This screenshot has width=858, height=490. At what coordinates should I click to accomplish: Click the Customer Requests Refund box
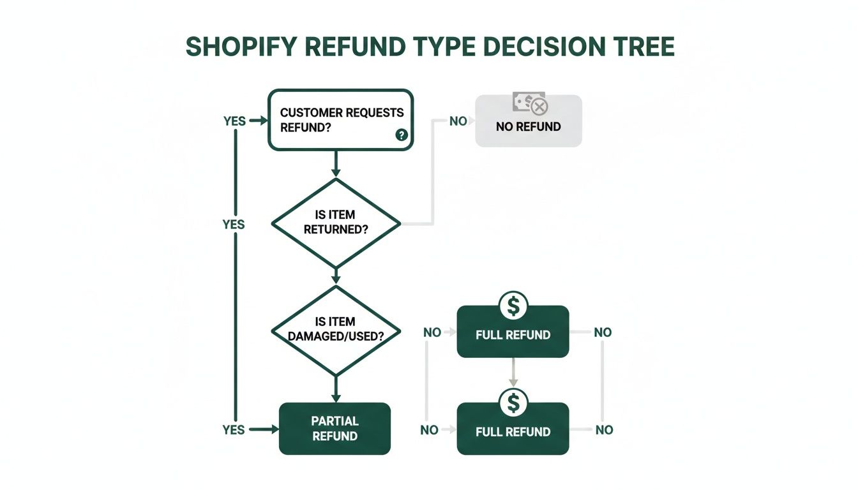[340, 119]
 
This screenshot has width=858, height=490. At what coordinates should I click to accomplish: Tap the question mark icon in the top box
[402, 135]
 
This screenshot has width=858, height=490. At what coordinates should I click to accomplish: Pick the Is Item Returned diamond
[336, 223]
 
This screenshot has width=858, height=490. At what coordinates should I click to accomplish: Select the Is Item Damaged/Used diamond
[336, 329]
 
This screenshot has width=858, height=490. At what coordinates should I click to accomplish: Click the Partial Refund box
[335, 429]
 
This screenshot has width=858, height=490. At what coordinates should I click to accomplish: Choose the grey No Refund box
[529, 126]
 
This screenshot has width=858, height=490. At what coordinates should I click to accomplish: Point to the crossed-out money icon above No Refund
[529, 103]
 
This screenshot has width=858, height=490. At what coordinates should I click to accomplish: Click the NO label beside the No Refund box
[458, 121]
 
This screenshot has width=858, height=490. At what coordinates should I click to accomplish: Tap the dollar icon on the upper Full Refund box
[513, 306]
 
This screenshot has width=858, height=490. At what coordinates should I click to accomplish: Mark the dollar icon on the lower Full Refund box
[513, 403]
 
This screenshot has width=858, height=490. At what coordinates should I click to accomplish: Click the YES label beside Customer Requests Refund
[234, 121]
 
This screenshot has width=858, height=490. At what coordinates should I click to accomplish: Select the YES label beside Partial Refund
[234, 430]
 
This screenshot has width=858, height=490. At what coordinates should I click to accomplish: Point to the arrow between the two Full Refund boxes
[513, 373]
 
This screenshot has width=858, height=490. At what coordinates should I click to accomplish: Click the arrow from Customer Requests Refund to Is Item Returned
[336, 164]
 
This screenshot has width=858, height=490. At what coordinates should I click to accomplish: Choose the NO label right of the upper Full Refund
[603, 332]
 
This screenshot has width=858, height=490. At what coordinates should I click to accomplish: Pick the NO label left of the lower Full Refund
[430, 431]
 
